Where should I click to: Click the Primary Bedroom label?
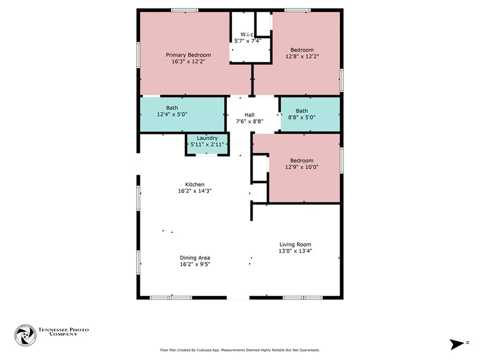point(188,55)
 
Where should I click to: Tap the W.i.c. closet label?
point(247,34)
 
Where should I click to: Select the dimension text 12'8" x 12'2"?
point(302,56)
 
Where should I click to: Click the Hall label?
point(249,115)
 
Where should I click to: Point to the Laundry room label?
point(207,138)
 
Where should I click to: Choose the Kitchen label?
point(195,185)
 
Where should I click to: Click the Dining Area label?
point(195,258)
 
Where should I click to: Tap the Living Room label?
point(295,244)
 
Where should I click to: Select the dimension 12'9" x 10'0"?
point(302,167)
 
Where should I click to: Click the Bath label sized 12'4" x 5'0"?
point(172,108)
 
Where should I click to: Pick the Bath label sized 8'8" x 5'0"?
point(302,111)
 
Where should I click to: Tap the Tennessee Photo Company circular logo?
point(25,335)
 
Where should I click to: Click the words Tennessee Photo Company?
point(63,332)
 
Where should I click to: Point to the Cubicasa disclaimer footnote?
point(240,350)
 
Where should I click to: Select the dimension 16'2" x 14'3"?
point(195,191)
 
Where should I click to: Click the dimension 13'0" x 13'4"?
point(295,251)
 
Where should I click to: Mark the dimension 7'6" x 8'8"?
point(249,121)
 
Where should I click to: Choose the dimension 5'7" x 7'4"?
point(247,41)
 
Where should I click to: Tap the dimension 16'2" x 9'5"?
point(195,264)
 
